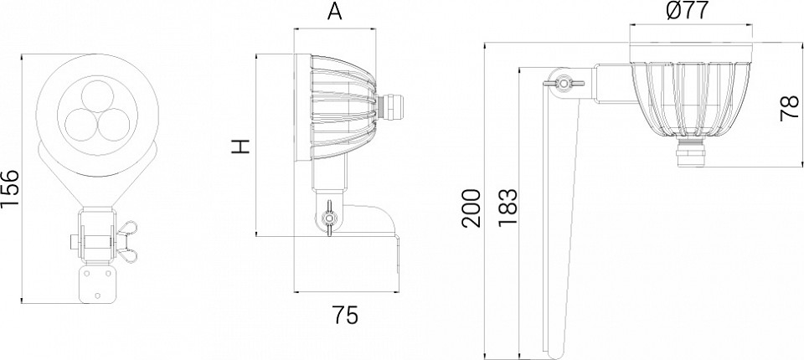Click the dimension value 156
point(10,188)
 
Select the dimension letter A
point(334,11)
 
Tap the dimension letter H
point(240,147)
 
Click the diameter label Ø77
point(688,10)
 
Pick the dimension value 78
point(790,108)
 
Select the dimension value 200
point(472,208)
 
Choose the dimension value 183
point(508,208)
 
